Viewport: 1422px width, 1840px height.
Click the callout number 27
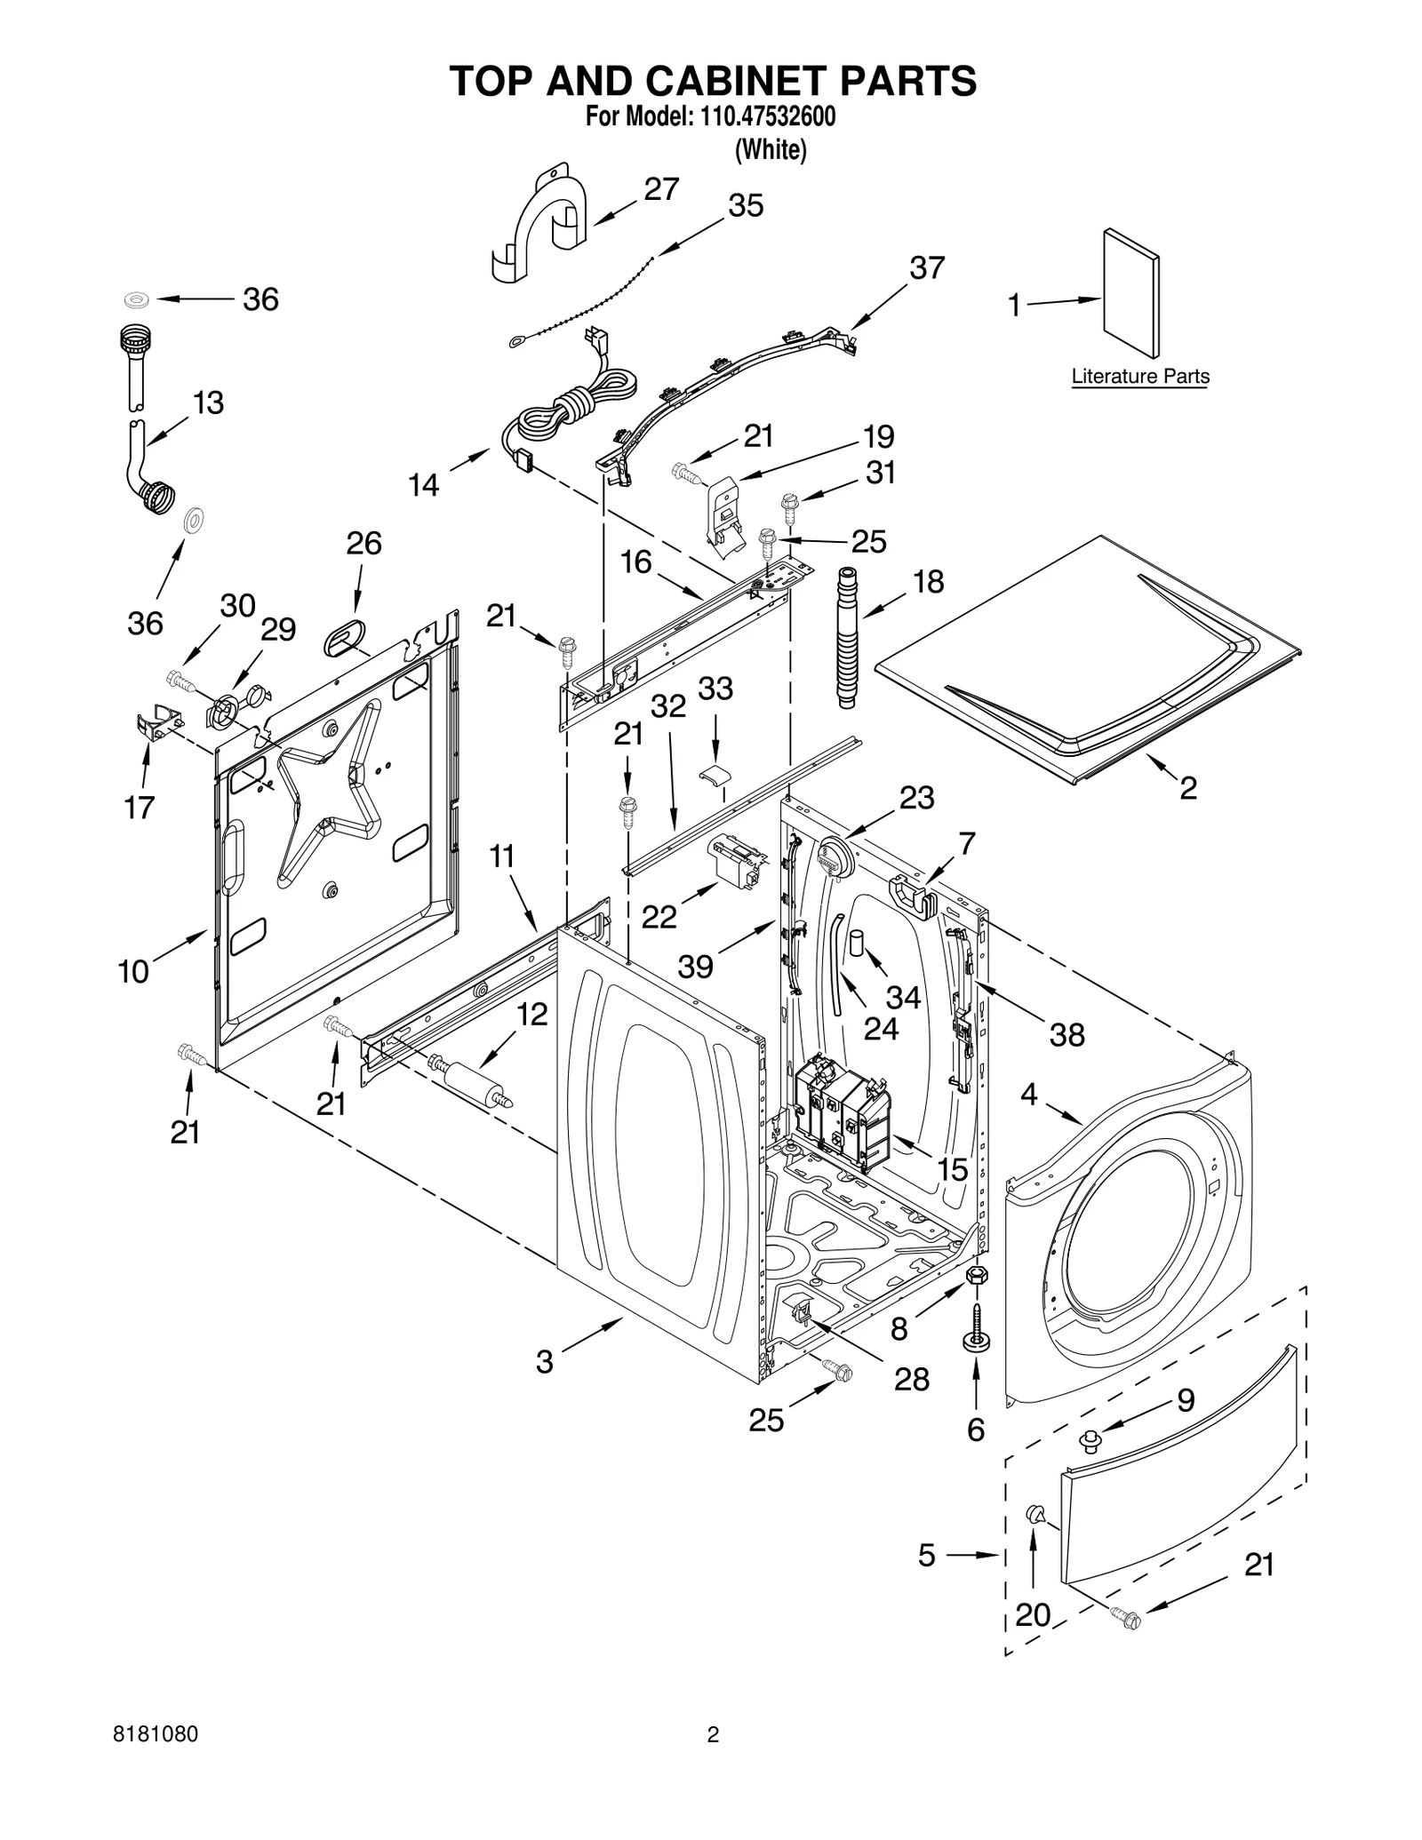point(661,189)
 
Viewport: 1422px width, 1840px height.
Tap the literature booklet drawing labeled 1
point(1131,294)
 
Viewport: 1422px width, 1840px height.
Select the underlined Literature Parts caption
point(1140,376)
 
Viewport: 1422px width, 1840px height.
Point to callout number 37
point(926,267)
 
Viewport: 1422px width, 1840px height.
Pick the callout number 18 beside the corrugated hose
point(928,582)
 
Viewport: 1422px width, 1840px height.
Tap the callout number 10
point(133,971)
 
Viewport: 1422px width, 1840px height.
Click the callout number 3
point(545,1361)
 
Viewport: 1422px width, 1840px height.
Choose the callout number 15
point(952,1169)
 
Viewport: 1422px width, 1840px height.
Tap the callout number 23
point(916,798)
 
